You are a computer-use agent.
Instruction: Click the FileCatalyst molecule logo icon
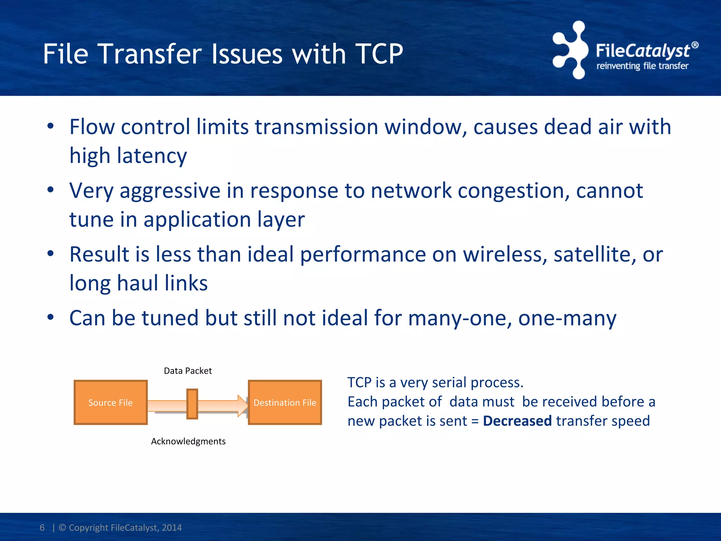[570, 50]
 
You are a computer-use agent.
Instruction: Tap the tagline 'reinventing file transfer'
[642, 66]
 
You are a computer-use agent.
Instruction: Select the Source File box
[111, 403]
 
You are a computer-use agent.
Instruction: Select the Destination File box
[285, 403]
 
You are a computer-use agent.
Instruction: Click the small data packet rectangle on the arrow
[192, 404]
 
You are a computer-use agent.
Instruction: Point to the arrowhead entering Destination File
[243, 405]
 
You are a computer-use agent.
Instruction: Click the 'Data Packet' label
[188, 371]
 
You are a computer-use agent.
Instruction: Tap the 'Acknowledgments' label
[188, 441]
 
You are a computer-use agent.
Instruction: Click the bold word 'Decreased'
[517, 421]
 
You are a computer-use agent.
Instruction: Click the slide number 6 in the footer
[42, 528]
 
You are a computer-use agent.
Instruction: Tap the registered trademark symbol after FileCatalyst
[695, 45]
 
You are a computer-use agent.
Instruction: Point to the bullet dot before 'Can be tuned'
[51, 317]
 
